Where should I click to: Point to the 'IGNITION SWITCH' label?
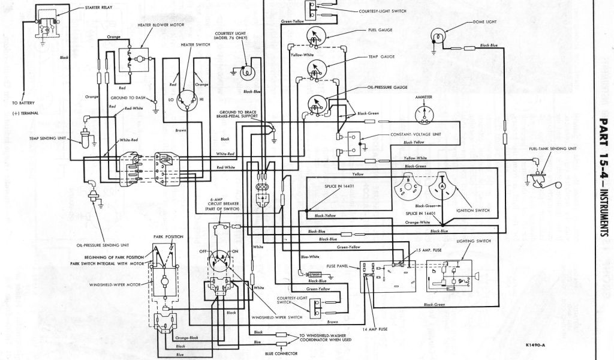tap(474, 211)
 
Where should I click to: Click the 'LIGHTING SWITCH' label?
tap(474, 240)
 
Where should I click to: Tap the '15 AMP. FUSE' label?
tap(429, 249)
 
